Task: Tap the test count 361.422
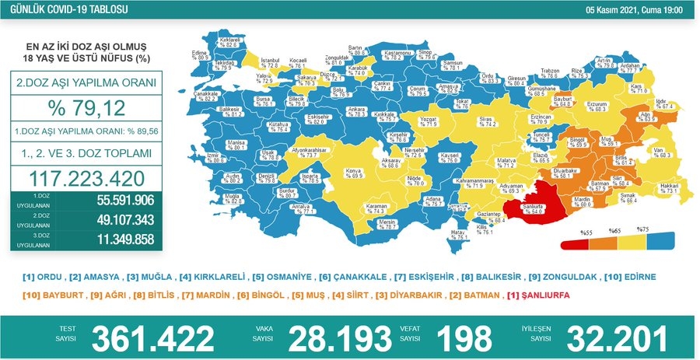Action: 152,338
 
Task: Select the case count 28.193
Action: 339,338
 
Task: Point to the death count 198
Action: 464,338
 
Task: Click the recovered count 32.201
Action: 618,338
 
